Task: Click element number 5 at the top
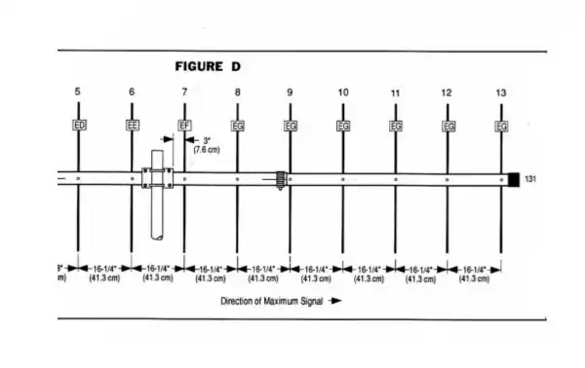78,92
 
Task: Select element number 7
184,92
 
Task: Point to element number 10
343,92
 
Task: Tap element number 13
501,92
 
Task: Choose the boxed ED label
79,125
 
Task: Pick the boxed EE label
132,125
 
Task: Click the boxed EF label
184,125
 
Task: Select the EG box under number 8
237,125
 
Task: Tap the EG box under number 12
448,125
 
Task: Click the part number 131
531,179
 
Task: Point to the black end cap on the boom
512,179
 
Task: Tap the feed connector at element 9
281,179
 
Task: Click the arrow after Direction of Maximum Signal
334,301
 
